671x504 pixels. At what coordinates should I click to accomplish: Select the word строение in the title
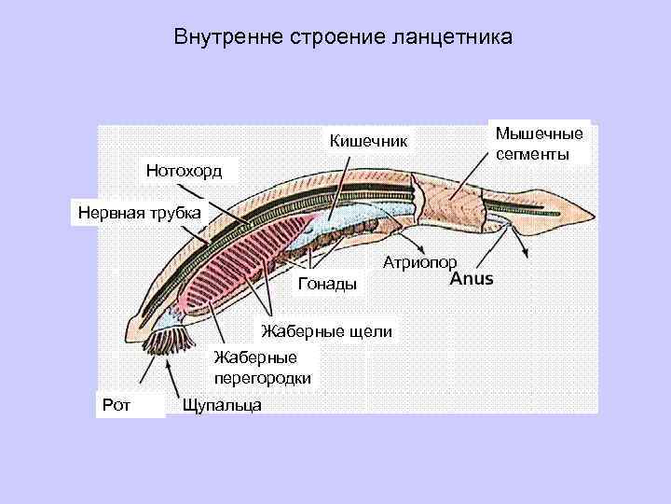click(330, 38)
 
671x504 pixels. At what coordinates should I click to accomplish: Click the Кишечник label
click(369, 141)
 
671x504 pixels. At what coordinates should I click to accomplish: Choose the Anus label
click(472, 279)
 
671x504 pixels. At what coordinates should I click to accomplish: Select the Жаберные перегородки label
click(262, 367)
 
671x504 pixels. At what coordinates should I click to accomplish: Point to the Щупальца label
click(223, 404)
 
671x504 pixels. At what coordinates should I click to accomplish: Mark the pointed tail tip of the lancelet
click(592, 213)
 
